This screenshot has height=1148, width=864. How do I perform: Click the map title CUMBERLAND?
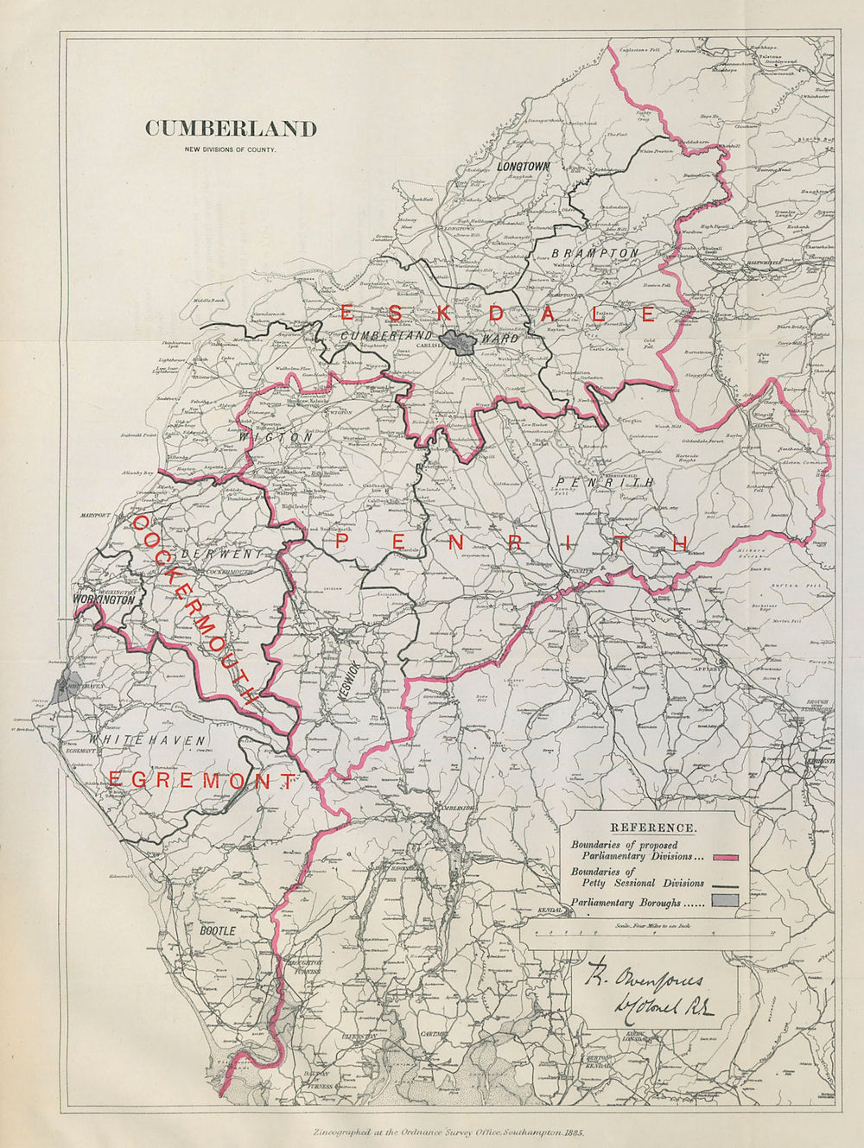pos(231,129)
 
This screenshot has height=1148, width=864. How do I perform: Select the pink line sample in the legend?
pos(727,856)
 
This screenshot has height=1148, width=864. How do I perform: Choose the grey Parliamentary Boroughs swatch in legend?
pos(727,904)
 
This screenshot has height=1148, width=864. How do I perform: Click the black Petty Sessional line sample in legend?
pos(727,885)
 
